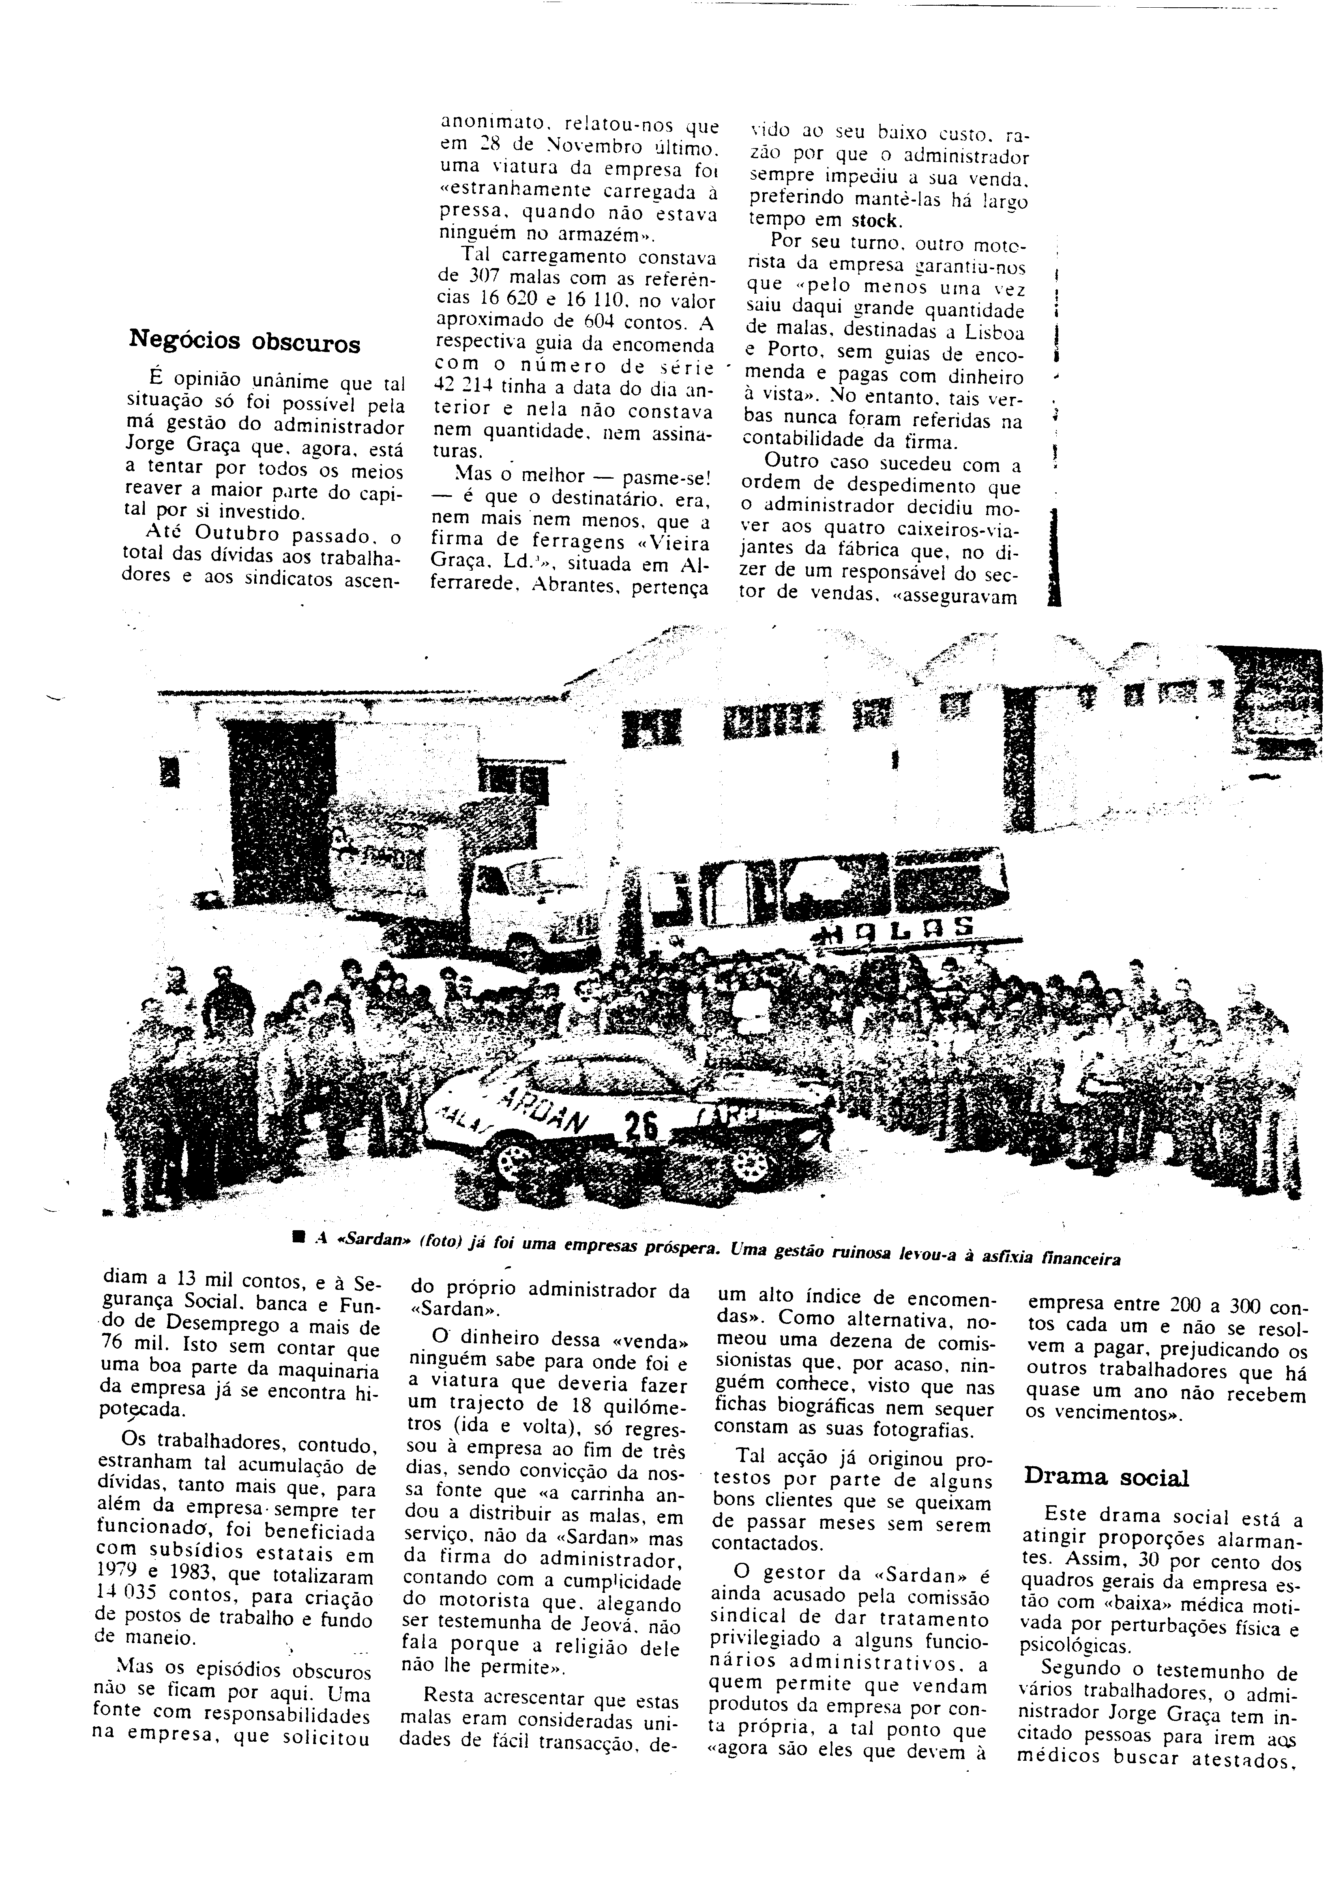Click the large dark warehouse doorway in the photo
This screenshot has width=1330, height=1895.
coord(281,792)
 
